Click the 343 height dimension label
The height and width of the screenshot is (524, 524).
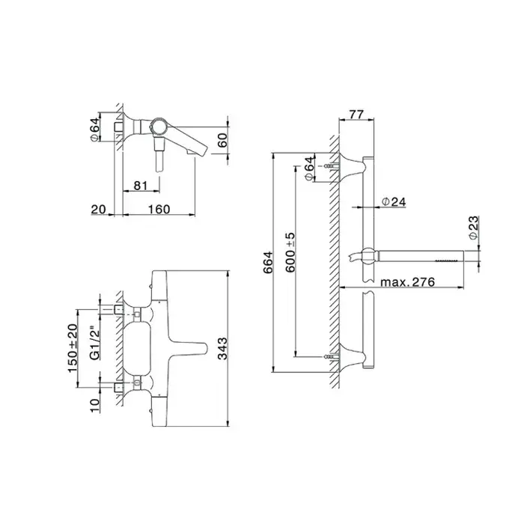[222, 348]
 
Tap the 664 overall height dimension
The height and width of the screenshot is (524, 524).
[268, 262]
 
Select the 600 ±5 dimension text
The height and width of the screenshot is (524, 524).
[290, 252]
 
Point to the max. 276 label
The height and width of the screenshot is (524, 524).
[408, 281]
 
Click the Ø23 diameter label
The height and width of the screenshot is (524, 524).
[474, 228]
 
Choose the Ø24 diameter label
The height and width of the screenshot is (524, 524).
[394, 201]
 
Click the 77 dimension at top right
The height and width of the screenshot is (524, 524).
[356, 115]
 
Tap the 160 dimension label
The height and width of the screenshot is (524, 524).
[159, 209]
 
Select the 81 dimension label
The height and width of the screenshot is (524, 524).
[141, 186]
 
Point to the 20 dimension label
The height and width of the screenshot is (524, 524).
[99, 209]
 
